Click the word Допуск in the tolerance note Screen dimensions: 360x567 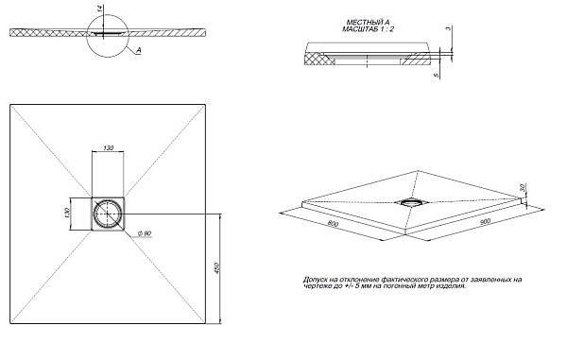pos(315,280)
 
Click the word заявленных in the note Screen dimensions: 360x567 pos(494,280)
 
